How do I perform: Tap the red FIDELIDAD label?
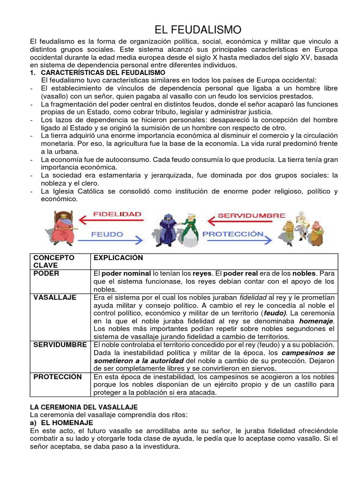pos(117,214)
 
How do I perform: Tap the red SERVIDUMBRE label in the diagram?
pos(251,215)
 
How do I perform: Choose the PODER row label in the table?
pos(43,273)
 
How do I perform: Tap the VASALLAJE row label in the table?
pos(52,297)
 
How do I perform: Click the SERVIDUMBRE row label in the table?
pos(60,345)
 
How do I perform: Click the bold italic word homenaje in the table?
pos(317,321)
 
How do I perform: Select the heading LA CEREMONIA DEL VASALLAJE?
pos(84,407)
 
